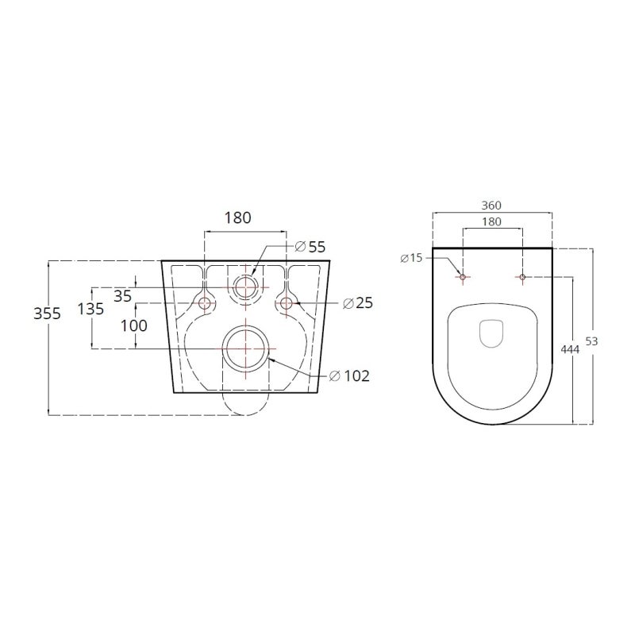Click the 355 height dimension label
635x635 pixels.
pos(48,314)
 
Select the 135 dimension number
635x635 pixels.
pos(90,309)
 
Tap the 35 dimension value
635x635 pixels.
pos(123,296)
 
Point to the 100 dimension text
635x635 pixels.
pos(134,325)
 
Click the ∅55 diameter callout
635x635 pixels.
pos(310,247)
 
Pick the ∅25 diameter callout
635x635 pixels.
pos(358,303)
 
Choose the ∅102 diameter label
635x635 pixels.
pos(349,376)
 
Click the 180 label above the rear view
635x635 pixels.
pos(237,217)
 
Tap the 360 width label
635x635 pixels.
pos(491,206)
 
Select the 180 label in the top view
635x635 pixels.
pos(491,221)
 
